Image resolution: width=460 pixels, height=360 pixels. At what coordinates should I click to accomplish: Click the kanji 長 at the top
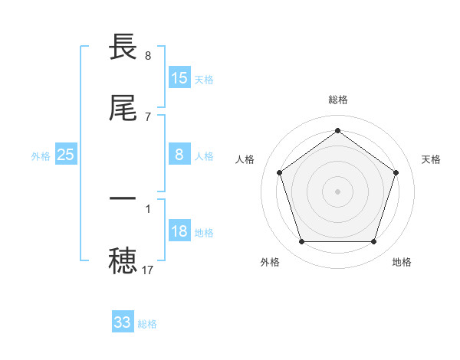124,48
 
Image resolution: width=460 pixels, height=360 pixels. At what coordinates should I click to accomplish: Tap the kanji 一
124,198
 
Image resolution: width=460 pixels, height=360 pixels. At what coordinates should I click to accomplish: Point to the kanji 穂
124,261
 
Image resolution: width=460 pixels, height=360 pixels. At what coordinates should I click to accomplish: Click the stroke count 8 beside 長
148,55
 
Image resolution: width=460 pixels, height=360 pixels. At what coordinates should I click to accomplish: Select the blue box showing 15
179,78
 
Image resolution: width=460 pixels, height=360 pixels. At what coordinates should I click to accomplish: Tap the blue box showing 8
179,155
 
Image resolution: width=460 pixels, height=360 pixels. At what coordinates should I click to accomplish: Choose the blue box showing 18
179,231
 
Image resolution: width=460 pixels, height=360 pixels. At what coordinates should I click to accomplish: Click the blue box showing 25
66,155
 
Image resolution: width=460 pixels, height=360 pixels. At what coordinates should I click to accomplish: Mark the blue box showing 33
123,322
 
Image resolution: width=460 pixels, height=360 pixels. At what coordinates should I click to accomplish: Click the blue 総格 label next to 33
148,324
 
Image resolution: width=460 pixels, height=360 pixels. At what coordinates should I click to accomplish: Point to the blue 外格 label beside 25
41,156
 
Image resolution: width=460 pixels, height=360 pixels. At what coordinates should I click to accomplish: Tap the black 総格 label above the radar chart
338,100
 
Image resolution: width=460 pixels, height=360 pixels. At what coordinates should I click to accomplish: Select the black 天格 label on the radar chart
432,159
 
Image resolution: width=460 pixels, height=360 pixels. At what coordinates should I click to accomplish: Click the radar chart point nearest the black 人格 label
279,172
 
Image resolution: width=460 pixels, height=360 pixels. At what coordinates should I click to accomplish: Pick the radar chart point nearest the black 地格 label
374,242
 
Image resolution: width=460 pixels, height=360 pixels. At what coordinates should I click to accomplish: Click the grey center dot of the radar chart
338,191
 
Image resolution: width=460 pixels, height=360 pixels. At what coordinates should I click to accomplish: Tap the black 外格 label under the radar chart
270,262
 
